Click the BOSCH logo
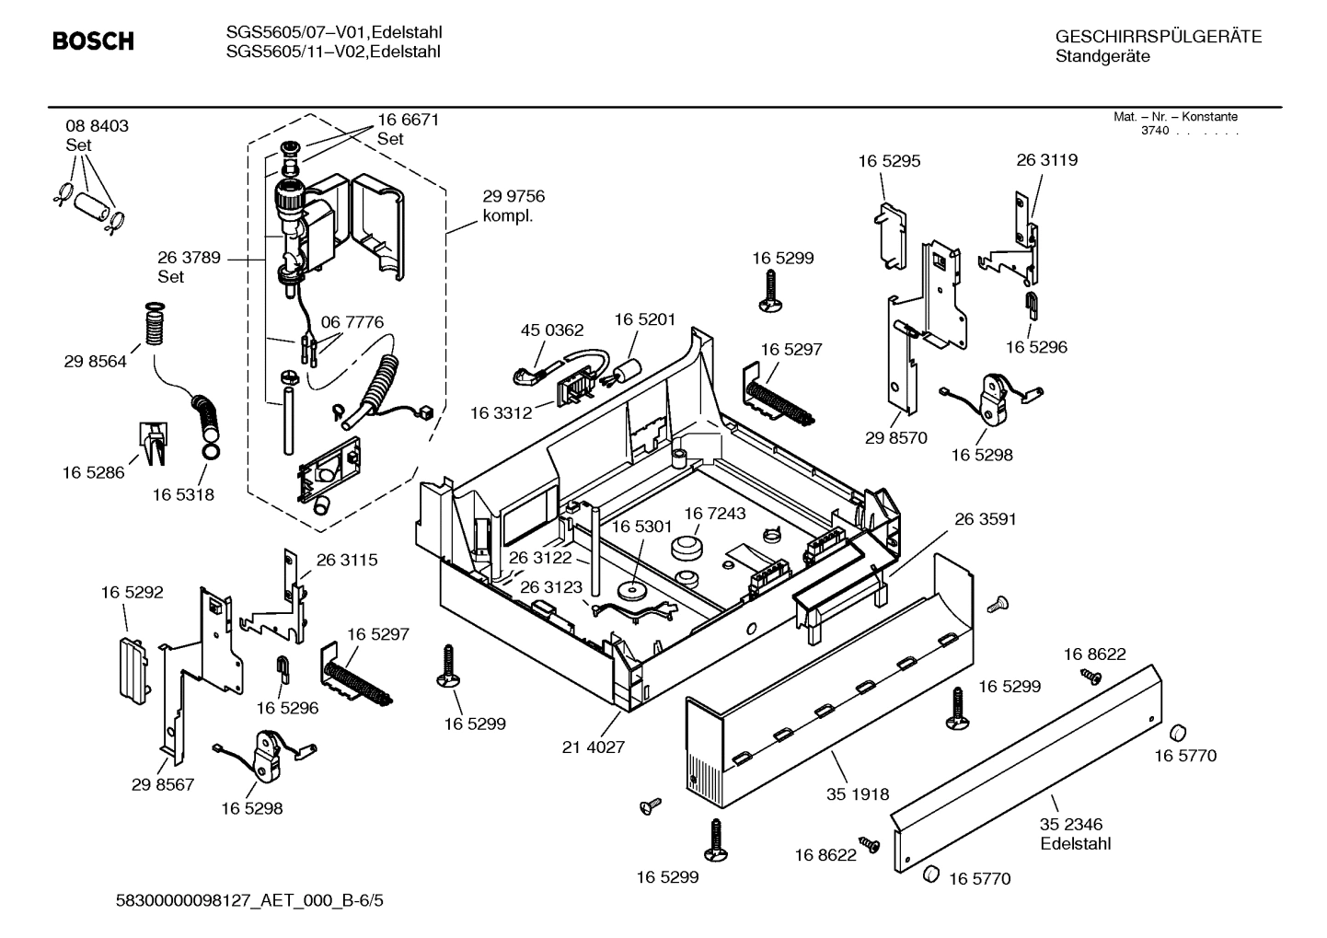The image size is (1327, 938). click(x=93, y=41)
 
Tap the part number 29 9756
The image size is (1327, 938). click(x=513, y=197)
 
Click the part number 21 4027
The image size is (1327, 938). click(x=594, y=747)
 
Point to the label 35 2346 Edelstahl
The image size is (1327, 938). click(x=1075, y=834)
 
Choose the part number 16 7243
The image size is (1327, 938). click(x=714, y=513)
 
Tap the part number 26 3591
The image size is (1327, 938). click(x=986, y=520)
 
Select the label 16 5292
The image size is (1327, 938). click(x=132, y=593)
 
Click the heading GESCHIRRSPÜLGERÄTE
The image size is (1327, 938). click(x=1158, y=38)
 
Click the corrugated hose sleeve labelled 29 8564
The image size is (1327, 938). click(x=155, y=324)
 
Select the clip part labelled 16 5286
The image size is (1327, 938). click(x=152, y=441)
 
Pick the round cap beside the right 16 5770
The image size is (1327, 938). click(x=1176, y=733)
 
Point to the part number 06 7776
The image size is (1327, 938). click(x=352, y=322)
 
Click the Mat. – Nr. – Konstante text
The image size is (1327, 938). click(x=1175, y=117)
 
